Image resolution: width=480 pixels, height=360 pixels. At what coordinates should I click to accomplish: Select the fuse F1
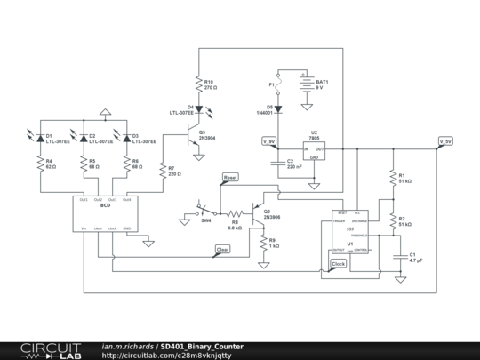click(279, 89)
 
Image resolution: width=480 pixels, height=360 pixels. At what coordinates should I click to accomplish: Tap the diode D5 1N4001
click(279, 111)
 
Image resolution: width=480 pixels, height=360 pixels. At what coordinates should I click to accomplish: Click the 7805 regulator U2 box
click(313, 152)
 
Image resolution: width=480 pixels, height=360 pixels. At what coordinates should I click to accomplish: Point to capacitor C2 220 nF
click(279, 164)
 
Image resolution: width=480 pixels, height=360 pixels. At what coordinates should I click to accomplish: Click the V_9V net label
click(268, 141)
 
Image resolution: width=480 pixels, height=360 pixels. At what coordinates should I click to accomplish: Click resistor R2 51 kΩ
click(392, 222)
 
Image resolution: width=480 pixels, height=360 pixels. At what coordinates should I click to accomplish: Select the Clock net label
click(339, 264)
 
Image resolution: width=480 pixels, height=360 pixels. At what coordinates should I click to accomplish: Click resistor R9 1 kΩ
click(263, 242)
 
